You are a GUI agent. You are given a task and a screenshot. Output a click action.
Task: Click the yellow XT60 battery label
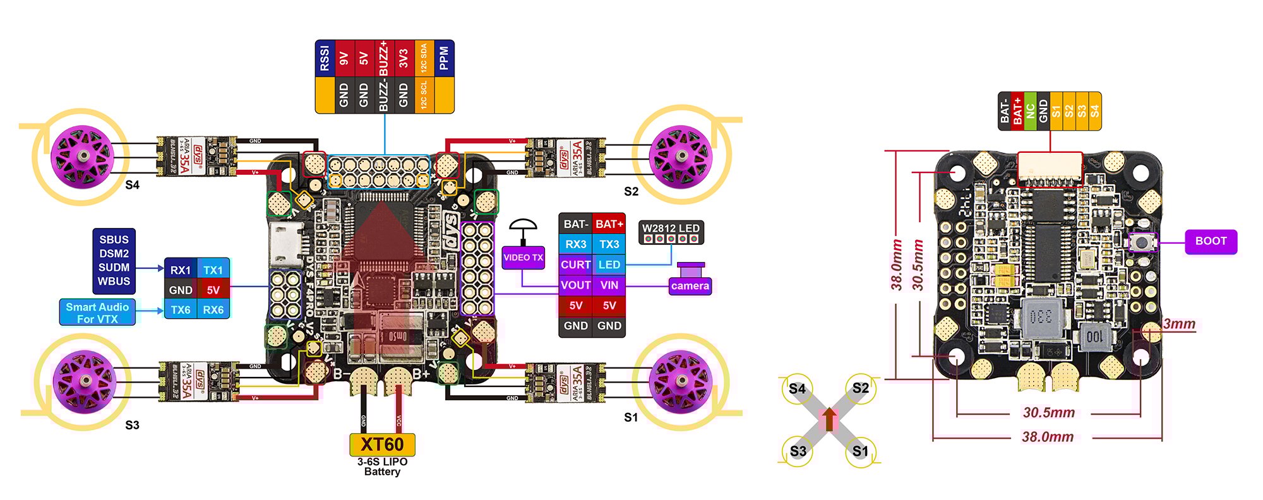coord(382,444)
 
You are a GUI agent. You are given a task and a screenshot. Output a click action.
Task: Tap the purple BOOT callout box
coord(1210,241)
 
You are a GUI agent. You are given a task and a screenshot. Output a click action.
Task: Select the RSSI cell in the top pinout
coord(325,58)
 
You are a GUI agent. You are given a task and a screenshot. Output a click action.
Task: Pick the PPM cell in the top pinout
coord(444,58)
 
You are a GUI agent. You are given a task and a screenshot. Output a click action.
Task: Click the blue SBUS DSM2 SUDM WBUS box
coord(114,261)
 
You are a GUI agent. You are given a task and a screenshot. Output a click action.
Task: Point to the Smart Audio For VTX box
coord(97,312)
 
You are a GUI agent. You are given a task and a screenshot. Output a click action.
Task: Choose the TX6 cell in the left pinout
coord(181,310)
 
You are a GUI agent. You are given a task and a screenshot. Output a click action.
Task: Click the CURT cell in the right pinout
coord(575,265)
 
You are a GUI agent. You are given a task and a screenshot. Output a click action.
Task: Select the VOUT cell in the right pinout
coord(575,285)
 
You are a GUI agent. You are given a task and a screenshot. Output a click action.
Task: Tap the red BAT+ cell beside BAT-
coord(609,223)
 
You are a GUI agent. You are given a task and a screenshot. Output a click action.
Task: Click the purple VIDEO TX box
coord(523,258)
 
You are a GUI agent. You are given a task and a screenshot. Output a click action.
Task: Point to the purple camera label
coord(690,286)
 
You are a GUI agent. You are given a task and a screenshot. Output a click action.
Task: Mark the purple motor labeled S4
coord(81,155)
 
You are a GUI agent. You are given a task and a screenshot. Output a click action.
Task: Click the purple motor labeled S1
coord(681,381)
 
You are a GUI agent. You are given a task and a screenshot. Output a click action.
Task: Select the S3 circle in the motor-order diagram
coord(798,451)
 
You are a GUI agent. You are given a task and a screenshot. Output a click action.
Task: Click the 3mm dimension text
coord(1179,324)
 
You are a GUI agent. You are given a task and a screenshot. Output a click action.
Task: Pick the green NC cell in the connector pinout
coord(1030,111)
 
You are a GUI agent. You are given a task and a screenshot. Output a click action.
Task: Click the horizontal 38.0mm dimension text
coord(1048,437)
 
